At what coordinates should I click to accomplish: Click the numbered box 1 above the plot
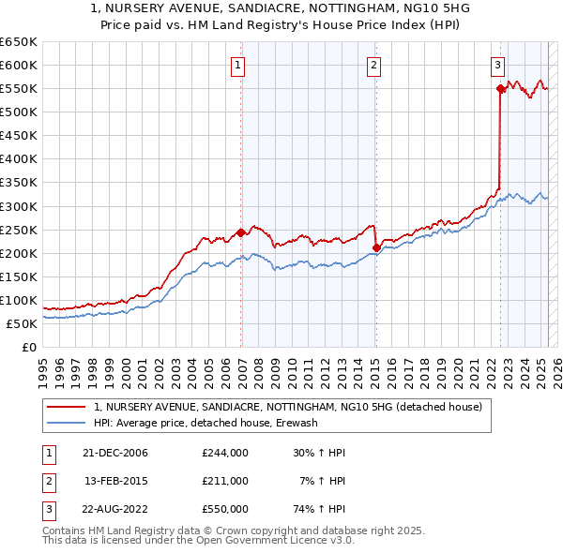(238, 65)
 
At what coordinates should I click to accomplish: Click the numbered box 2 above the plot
(373, 65)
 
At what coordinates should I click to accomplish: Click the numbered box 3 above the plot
(497, 65)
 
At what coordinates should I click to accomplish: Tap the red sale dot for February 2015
(376, 247)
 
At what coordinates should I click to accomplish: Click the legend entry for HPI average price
(205, 423)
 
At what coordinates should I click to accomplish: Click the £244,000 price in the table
(225, 453)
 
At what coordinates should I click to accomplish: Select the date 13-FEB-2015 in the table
(116, 481)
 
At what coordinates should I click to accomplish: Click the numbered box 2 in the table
(46, 481)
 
